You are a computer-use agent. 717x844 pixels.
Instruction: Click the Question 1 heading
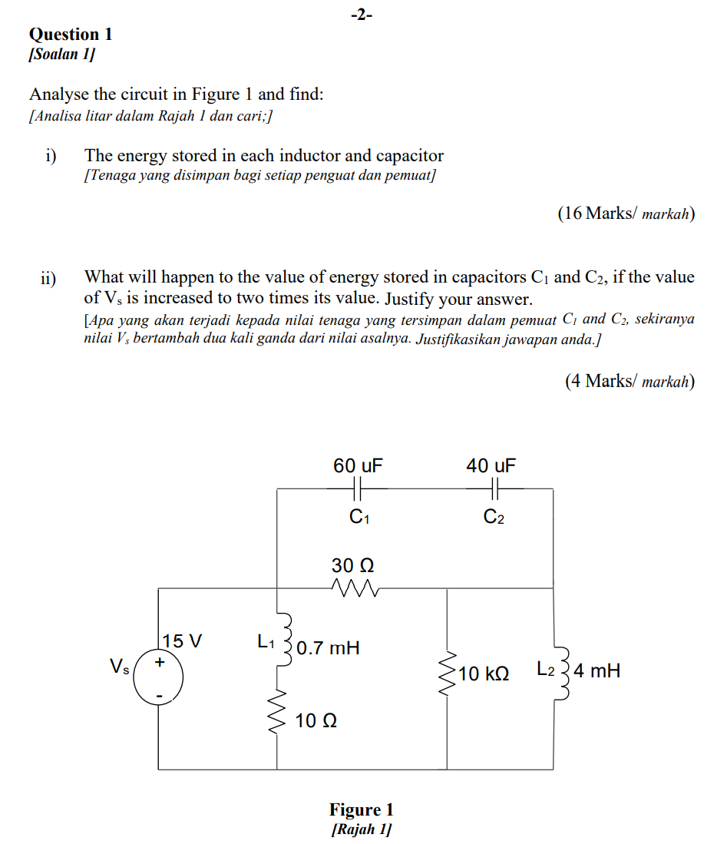pos(71,35)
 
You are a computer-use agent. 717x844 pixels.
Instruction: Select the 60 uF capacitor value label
pos(358,465)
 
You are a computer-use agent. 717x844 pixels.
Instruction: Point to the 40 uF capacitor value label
pos(491,465)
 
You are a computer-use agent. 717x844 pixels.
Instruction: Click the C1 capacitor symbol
pos(358,488)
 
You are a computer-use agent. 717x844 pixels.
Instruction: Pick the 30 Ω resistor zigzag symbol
pos(354,588)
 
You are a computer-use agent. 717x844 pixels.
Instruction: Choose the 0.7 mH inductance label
pos(328,647)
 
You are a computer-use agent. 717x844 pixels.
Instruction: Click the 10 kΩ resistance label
pos(484,674)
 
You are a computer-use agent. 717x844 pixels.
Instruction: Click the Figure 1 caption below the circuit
pos(361,809)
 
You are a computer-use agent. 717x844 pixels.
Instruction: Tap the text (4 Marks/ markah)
pos(629,381)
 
